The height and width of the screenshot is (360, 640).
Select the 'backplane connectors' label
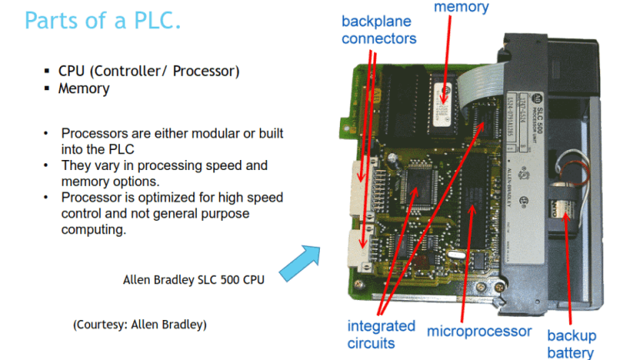pos(378,30)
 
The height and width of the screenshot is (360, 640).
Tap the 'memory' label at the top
pos(460,7)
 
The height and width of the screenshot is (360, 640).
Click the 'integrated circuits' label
pos(382,333)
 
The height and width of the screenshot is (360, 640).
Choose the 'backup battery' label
pos(571,343)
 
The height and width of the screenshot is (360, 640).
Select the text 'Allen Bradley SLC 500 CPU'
pos(193,280)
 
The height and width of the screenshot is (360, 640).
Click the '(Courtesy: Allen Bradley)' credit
pos(140,324)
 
